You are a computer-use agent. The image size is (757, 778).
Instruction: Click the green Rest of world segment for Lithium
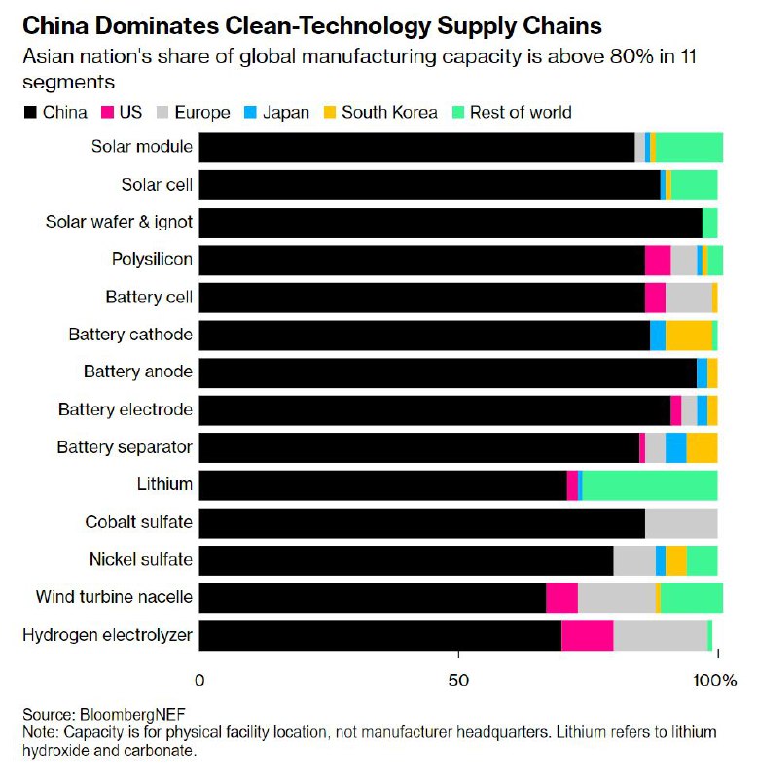[x=649, y=484]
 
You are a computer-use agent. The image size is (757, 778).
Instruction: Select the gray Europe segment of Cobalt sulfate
[x=680, y=522]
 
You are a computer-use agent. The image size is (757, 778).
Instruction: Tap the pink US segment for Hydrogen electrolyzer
[x=587, y=635]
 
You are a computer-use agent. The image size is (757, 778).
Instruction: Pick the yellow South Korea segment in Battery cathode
[x=688, y=335]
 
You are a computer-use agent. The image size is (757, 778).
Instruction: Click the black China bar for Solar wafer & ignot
[x=451, y=222]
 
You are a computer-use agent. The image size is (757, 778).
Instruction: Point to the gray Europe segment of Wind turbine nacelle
[x=616, y=597]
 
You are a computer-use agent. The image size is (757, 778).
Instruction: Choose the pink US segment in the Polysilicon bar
[x=657, y=260]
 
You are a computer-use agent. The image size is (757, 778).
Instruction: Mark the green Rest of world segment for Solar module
[x=689, y=148]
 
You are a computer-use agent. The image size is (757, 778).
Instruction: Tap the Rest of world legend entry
[x=521, y=112]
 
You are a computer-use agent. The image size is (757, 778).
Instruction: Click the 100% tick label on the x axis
[x=716, y=679]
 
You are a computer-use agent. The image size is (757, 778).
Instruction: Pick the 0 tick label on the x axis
[x=200, y=679]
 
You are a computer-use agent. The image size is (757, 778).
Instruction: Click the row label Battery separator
[x=125, y=447]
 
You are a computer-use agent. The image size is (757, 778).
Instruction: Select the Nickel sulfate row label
[x=141, y=560]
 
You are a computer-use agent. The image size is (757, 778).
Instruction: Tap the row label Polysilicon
[x=151, y=259]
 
